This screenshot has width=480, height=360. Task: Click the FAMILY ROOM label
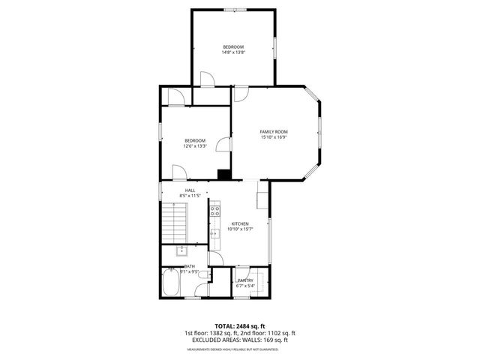(274, 132)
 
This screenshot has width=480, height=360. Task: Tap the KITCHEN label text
(240, 223)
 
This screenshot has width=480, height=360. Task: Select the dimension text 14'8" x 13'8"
(232, 52)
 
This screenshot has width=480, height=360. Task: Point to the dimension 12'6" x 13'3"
(195, 146)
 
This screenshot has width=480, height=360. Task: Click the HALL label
(190, 190)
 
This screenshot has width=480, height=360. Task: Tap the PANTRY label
(246, 280)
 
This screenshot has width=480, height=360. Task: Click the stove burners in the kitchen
(214, 211)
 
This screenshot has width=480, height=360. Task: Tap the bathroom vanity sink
(182, 250)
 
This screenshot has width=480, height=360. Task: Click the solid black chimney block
(223, 175)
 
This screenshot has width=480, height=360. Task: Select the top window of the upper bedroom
(233, 10)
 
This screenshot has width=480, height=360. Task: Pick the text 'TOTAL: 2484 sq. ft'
(240, 325)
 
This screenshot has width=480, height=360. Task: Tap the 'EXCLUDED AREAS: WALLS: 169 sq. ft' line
(240, 340)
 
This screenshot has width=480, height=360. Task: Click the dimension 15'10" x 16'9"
(274, 137)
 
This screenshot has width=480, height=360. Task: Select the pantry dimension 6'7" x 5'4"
(246, 286)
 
